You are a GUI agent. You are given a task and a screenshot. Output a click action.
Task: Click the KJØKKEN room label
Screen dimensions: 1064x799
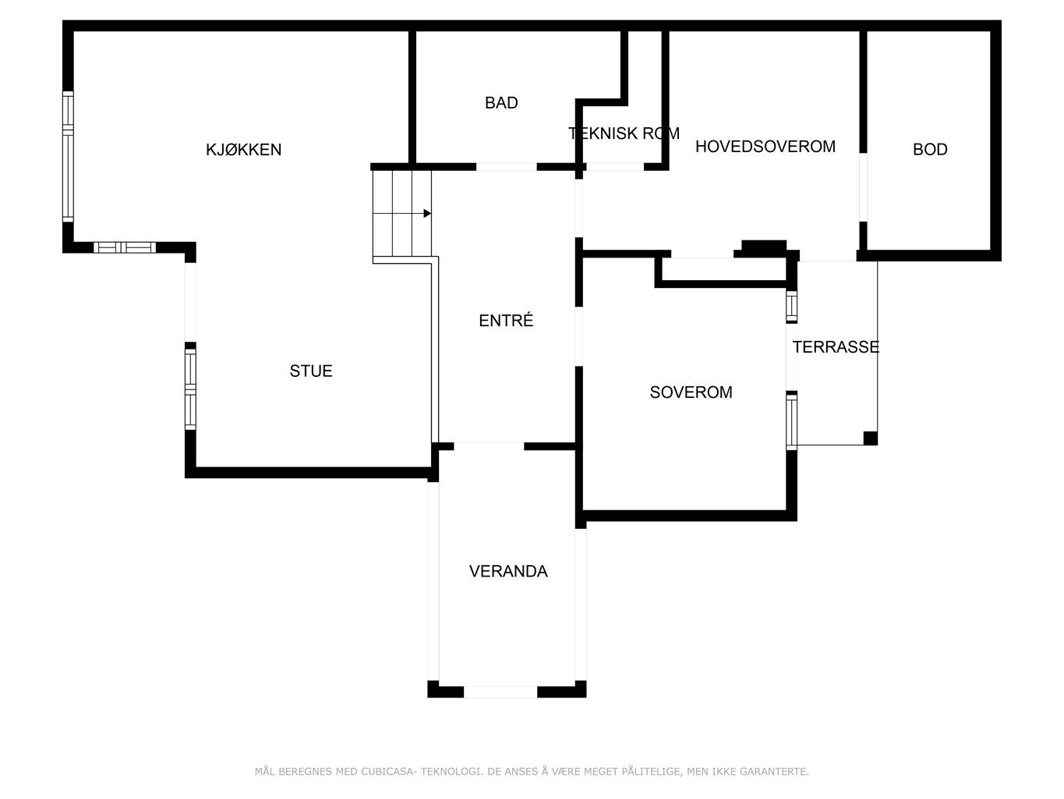coord(243,149)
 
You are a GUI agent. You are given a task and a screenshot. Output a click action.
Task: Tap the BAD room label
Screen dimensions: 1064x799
coord(501,103)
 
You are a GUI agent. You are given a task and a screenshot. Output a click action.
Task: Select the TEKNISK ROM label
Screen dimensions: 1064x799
coord(624,133)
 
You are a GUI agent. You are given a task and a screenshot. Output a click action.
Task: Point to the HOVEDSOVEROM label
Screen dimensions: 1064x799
coord(765,147)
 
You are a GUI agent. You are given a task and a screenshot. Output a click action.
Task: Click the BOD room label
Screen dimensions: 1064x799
coord(930,149)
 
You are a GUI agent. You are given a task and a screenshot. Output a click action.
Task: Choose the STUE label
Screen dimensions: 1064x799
coord(311,371)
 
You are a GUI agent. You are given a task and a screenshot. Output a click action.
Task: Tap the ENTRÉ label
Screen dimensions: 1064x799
coord(506,320)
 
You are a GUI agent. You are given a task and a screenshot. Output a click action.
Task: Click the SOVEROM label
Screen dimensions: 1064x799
coord(691,392)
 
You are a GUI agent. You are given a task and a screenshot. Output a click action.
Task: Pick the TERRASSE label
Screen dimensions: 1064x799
coord(835,347)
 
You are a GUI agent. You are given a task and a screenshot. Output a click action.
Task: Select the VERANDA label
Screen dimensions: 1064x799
coord(508,571)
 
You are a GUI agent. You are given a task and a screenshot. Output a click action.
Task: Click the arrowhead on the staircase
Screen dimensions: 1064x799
coord(427,214)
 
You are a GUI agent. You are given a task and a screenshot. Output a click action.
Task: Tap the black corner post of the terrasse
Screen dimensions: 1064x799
coord(870,438)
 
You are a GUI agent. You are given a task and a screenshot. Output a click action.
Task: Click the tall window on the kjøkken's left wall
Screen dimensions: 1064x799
coord(69,157)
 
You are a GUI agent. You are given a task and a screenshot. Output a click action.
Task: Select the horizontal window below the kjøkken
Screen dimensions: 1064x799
coord(125,248)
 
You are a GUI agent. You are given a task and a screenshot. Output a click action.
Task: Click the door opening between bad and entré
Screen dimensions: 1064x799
coord(506,167)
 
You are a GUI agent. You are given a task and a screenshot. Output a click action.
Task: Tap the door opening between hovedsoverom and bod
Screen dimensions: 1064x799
coord(863,187)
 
